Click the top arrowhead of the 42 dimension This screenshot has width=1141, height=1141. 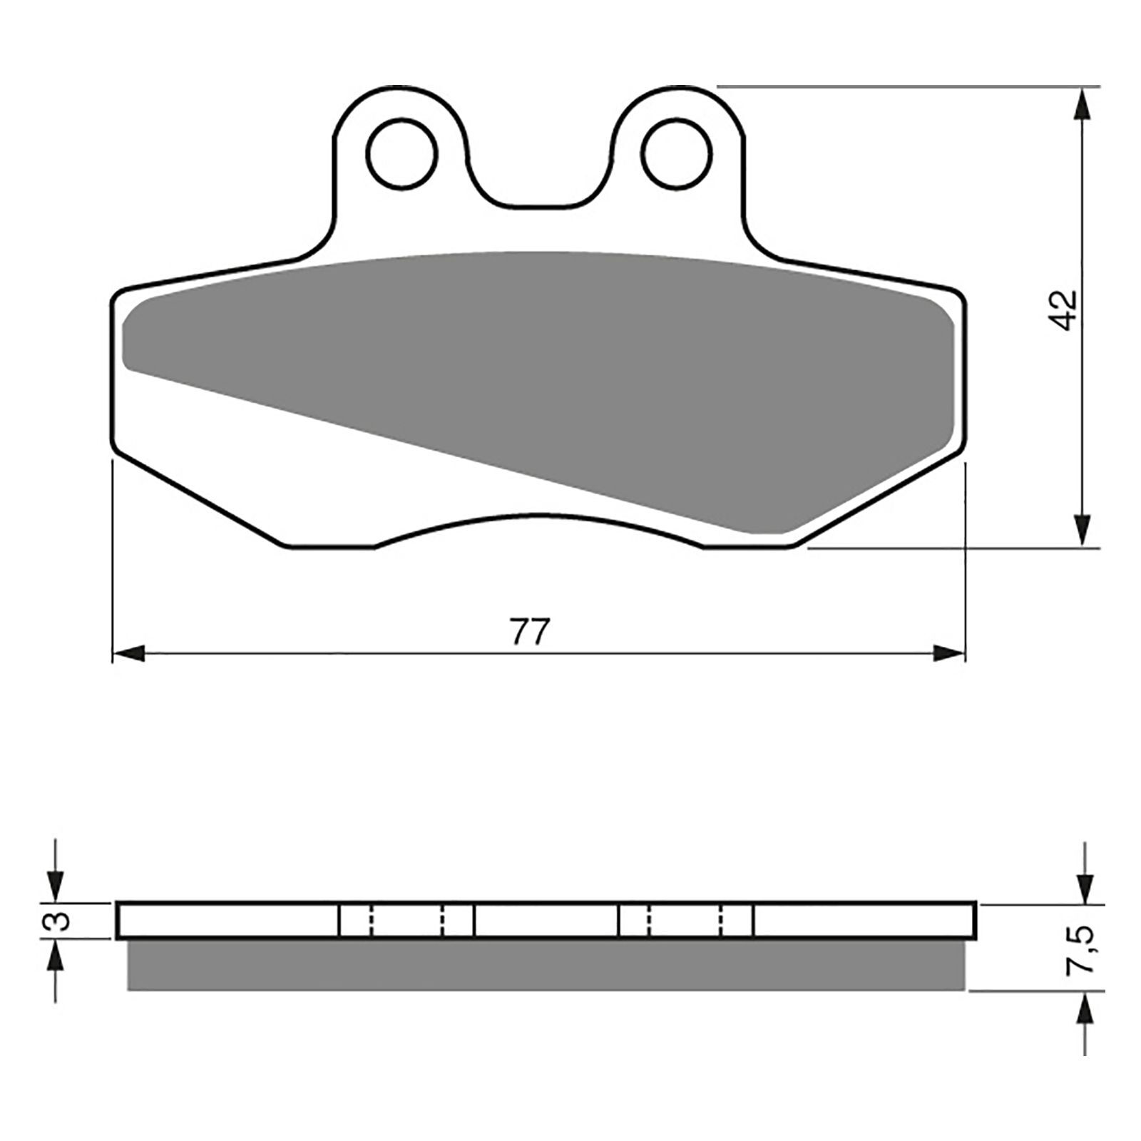(1085, 103)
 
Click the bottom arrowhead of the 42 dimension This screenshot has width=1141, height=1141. (1085, 532)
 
